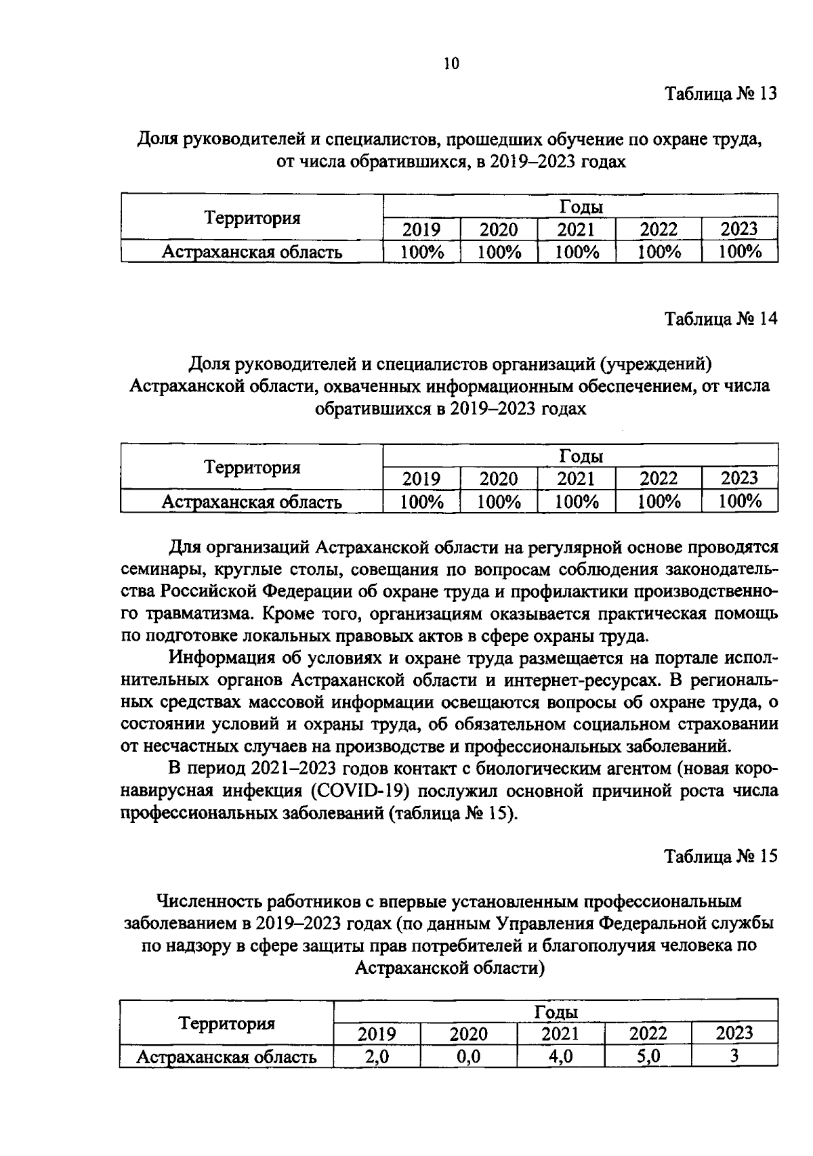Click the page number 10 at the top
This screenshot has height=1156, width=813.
[x=451, y=64]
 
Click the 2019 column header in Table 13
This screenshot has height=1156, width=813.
[x=421, y=230]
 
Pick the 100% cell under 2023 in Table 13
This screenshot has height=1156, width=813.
[x=740, y=253]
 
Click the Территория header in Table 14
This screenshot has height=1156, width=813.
[x=252, y=467]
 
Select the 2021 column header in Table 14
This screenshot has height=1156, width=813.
[x=576, y=479]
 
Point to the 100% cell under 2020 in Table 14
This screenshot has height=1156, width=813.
[x=499, y=502]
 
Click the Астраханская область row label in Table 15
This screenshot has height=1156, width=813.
[x=226, y=1057]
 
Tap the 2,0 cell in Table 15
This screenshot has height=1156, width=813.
[x=377, y=1056]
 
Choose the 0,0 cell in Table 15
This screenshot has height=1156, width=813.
[x=469, y=1056]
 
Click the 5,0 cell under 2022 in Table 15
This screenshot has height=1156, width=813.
[x=648, y=1056]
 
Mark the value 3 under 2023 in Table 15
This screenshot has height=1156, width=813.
[x=734, y=1056]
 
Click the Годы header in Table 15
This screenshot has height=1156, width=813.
[x=556, y=1012]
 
